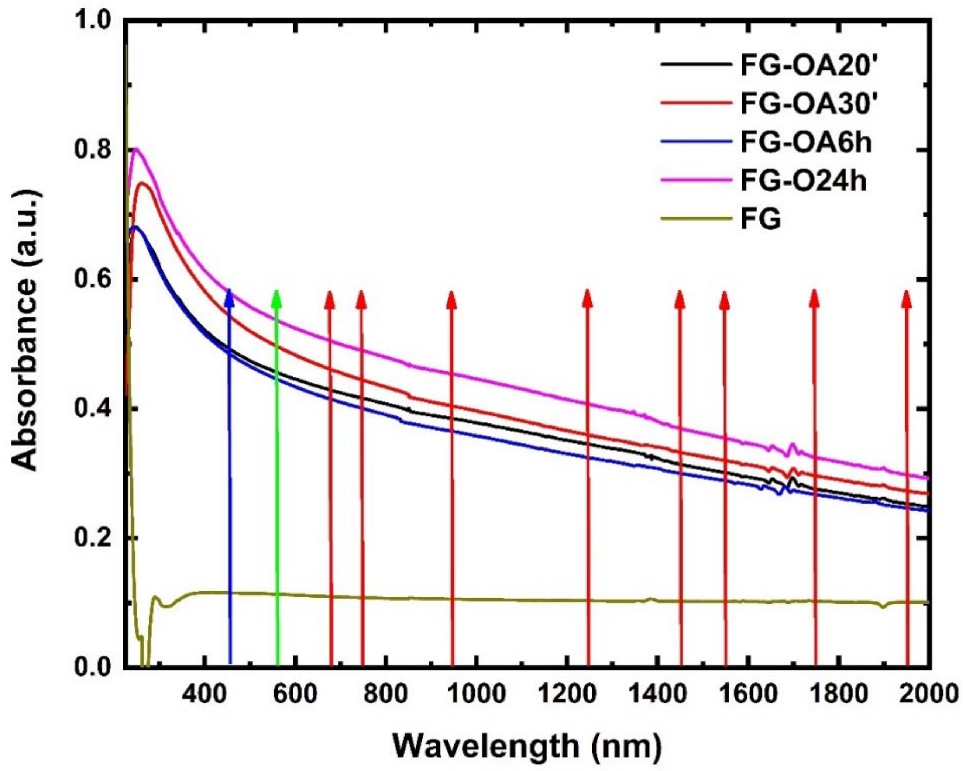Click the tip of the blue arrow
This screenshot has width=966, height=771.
229,292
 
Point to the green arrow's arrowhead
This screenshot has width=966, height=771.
277,293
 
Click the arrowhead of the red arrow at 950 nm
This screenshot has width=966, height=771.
452,295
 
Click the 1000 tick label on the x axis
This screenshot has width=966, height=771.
477,694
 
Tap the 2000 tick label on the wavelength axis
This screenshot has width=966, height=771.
928,694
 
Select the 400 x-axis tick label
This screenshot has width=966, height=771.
205,694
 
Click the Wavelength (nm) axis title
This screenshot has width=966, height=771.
527,746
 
